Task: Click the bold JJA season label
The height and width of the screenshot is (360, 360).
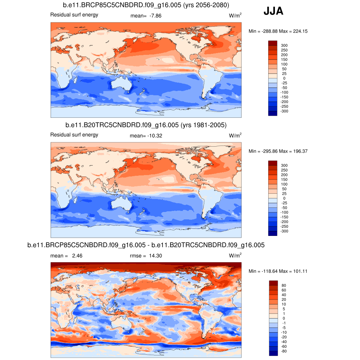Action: click(x=273, y=12)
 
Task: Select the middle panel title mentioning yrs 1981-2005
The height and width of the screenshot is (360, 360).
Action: click(x=146, y=125)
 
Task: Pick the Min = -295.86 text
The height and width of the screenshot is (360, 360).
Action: click(x=260, y=151)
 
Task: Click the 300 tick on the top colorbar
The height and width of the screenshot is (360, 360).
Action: click(x=284, y=45)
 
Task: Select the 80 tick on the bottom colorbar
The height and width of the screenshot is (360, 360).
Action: click(x=284, y=285)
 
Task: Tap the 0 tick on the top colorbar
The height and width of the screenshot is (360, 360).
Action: click(x=284, y=78)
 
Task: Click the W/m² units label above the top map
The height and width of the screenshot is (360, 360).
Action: click(x=235, y=15)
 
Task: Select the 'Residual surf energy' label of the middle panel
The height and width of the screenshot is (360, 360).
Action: click(x=74, y=135)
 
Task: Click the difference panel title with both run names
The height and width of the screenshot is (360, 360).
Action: click(x=146, y=245)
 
